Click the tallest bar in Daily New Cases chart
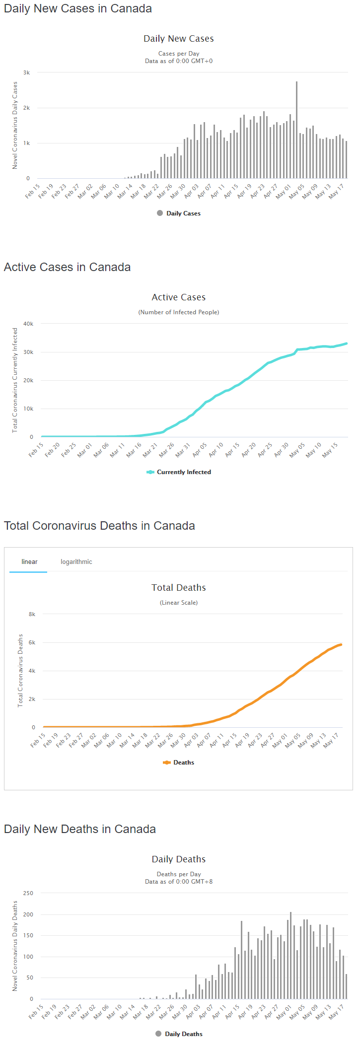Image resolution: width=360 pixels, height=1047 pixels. coord(296,130)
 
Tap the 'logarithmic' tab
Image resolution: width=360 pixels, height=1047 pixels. coord(76,561)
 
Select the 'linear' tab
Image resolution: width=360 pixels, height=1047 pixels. coord(29,561)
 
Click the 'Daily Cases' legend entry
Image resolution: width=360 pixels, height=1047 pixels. coord(183,213)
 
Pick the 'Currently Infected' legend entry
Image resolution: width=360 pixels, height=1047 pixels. coord(184,472)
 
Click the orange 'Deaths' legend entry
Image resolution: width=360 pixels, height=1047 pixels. coord(183,763)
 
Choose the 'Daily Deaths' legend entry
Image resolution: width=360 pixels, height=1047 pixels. coord(183,1034)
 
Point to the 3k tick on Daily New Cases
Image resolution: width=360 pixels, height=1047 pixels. coord(27,72)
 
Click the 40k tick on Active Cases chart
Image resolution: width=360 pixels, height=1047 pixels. coord(28,324)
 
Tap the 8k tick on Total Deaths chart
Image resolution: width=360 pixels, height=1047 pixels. coord(32,614)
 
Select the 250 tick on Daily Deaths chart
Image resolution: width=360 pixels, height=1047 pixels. coord(28,893)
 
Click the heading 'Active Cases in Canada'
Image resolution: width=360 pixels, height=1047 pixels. coord(68,267)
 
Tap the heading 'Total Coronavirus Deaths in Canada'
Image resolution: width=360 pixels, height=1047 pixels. coord(99,526)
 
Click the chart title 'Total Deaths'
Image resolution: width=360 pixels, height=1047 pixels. coord(179,588)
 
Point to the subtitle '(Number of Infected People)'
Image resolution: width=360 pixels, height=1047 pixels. coord(179,312)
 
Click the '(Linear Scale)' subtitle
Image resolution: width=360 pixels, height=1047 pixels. coord(179,603)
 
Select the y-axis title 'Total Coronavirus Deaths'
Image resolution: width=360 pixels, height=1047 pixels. coord(20,670)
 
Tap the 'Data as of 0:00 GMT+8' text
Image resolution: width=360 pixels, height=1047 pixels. coord(179,882)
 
